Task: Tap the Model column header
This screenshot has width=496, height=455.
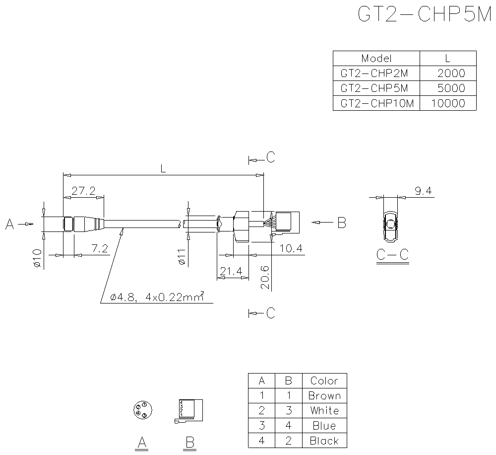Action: tap(376, 58)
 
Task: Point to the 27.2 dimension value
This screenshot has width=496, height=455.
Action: tap(83, 191)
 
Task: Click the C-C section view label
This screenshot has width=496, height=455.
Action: tap(392, 255)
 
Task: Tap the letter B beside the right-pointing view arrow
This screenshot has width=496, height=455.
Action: tap(341, 224)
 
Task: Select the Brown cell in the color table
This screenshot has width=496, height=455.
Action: tap(324, 396)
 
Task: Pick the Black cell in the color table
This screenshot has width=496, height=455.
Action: tap(324, 441)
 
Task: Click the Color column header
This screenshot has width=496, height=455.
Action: tap(324, 381)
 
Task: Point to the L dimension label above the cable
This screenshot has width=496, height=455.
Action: tap(163, 169)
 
